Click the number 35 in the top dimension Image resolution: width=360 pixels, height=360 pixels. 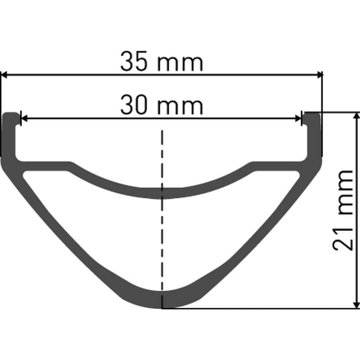(x=133, y=62)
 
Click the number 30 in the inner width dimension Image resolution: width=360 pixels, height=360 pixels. (x=133, y=105)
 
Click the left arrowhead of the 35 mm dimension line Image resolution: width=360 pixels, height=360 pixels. (x=4, y=75)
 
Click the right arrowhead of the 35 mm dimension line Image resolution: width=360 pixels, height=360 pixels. (x=320, y=75)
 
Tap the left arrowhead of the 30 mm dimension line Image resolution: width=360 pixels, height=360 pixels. (x=24, y=118)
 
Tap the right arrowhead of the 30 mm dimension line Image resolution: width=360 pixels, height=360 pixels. (x=298, y=118)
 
